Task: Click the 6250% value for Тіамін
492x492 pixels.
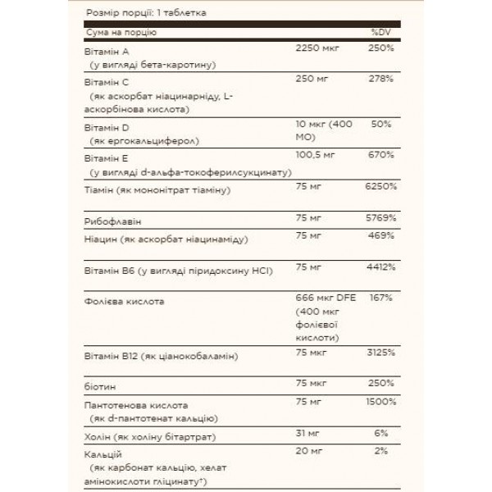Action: click(380, 188)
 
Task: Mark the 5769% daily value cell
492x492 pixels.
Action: click(380, 219)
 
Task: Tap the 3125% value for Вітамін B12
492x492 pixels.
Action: click(380, 353)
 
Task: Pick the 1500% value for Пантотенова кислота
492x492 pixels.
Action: click(380, 403)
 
